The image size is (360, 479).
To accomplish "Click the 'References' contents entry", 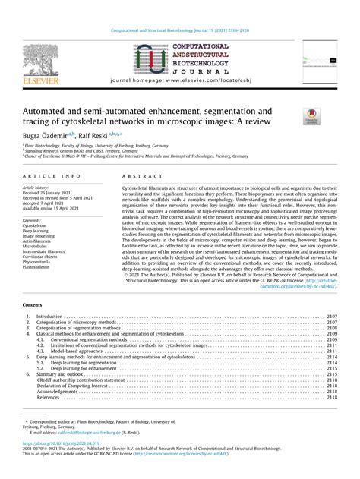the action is coord(49,396).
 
